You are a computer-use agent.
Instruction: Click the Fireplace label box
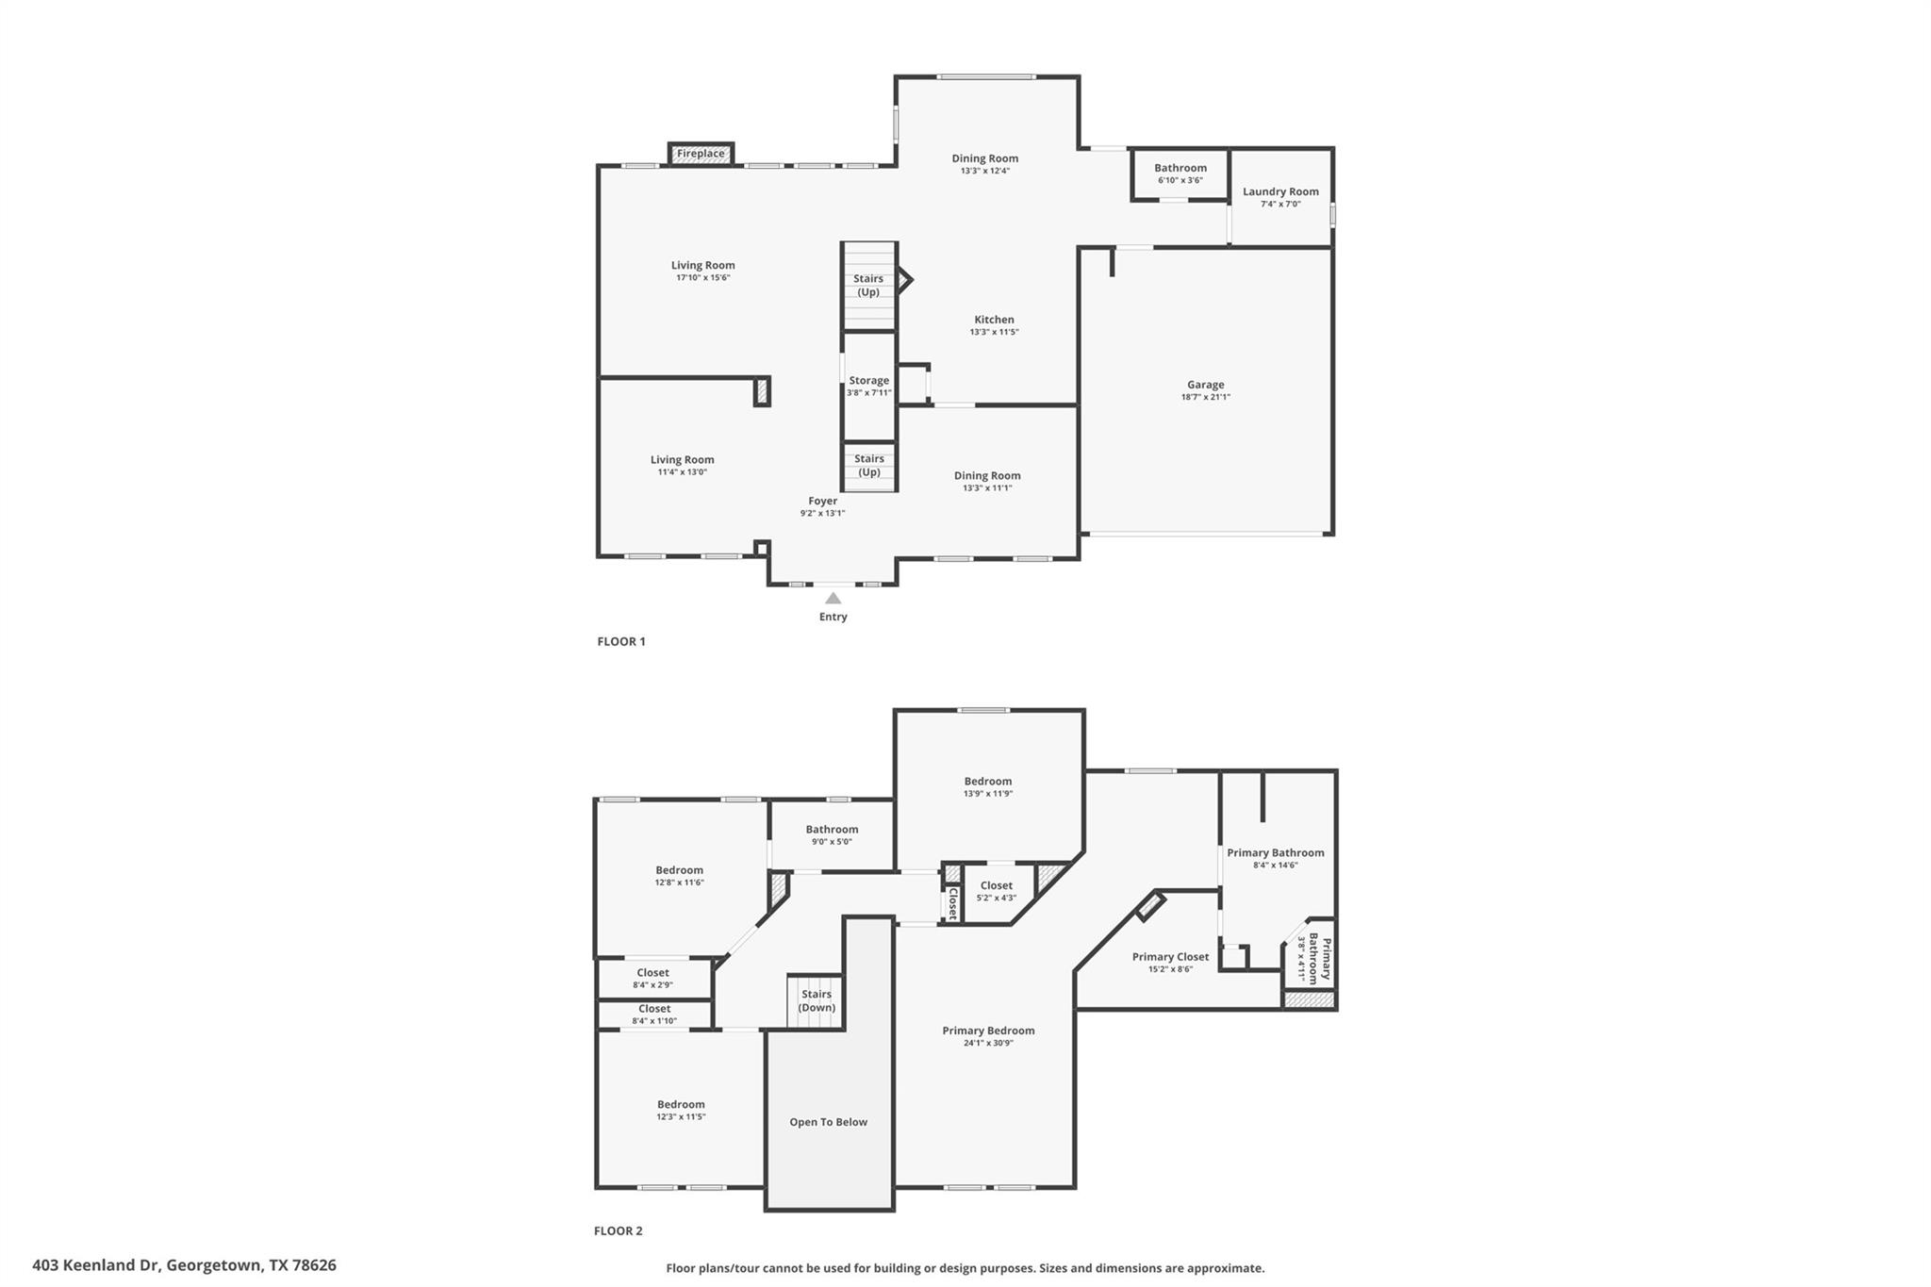pos(701,154)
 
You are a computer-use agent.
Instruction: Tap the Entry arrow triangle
pos(833,598)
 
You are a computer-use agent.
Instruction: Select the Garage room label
pos(1205,385)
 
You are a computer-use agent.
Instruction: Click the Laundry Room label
pos(1279,191)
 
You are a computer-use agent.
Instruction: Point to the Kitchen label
pos(994,320)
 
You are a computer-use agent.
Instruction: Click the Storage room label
pos(868,381)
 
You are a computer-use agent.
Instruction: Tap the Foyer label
pos(822,502)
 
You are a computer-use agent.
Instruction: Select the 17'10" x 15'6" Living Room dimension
pos(702,278)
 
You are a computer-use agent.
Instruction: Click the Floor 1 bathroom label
pos(1180,168)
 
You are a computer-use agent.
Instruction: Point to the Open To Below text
pos(828,1122)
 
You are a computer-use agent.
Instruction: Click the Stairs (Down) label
pos(816,1000)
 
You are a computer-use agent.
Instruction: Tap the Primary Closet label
pos(1170,957)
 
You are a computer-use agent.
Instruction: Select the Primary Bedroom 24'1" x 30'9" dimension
pos(988,1044)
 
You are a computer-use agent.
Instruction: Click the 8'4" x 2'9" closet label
pos(652,985)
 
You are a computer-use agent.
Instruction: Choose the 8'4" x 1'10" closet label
pos(653,1021)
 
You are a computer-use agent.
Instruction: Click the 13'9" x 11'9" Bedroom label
pos(987,782)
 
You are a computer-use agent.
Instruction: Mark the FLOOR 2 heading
pos(618,1230)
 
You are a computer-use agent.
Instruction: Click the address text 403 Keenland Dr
pos(184,1265)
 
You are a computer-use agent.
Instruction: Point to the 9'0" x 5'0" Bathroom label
pos(832,830)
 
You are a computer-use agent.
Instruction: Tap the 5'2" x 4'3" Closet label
pos(996,885)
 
